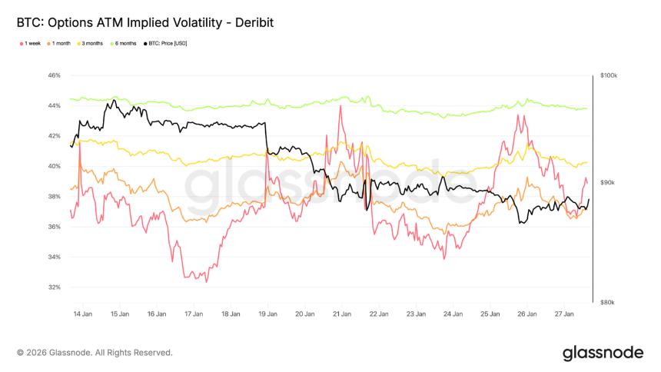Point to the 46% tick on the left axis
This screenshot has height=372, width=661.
tap(54, 75)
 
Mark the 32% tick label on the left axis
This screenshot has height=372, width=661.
tap(54, 287)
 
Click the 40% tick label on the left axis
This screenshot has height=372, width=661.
tap(54, 166)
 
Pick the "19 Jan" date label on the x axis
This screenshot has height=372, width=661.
tap(267, 314)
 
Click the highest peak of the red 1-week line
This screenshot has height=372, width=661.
tap(340, 106)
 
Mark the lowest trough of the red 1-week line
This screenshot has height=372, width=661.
tap(206, 282)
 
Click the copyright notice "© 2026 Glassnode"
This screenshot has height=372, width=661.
tap(95, 353)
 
